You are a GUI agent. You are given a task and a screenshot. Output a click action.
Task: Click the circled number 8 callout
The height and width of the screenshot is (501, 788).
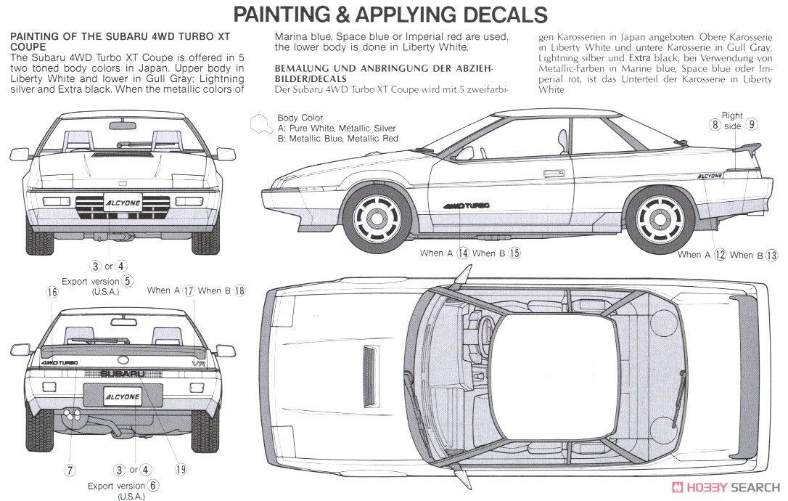click(715, 124)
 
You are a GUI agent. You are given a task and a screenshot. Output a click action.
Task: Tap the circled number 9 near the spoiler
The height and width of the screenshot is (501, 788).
click(752, 124)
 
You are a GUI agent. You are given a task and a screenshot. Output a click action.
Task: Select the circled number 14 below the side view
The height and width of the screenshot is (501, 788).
click(462, 253)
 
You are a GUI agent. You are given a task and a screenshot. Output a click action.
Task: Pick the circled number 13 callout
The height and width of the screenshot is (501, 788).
click(771, 255)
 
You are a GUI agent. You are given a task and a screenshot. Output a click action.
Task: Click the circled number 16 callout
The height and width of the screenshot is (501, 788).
click(52, 292)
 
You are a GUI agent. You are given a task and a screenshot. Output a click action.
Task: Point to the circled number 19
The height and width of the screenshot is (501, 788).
click(181, 470)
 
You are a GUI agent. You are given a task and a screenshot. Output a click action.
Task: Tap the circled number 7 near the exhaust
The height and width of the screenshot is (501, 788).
click(70, 470)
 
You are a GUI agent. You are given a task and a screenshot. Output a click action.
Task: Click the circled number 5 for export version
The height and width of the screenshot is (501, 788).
click(127, 281)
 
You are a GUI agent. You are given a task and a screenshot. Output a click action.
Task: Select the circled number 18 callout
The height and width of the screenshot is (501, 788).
click(239, 290)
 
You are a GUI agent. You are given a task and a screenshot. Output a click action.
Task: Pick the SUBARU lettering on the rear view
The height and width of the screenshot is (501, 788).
click(122, 373)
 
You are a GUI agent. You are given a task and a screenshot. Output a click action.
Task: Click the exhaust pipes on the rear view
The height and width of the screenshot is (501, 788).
click(72, 414)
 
